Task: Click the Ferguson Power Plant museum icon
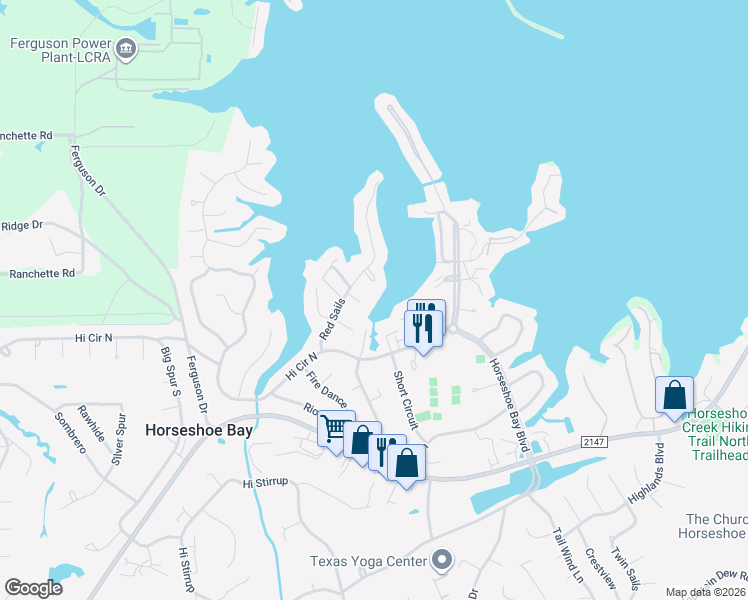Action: point(126,48)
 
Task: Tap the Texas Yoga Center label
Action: point(369,561)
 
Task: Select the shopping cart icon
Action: point(334,428)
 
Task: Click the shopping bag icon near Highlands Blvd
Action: point(675,394)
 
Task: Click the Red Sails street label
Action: point(332,318)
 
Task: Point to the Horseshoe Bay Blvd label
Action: point(508,404)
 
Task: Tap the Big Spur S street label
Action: point(169,370)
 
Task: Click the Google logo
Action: point(33,587)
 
